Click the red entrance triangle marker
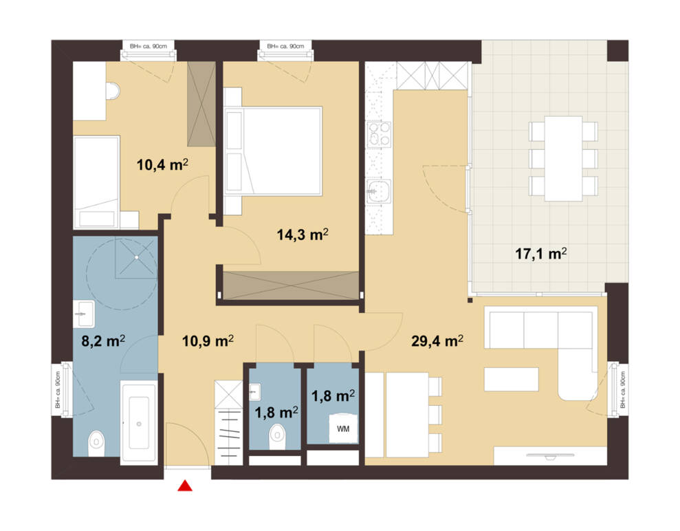[185, 486]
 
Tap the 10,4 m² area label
[163, 164]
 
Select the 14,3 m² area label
[303, 235]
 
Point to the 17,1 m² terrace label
[541, 253]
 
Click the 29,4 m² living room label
[437, 341]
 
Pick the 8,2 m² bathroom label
[103, 341]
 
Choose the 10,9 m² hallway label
[208, 341]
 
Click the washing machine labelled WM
[344, 428]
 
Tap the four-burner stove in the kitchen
[379, 135]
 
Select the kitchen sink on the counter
[379, 191]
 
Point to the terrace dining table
[563, 158]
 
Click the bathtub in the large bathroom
[139, 422]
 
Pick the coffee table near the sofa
[512, 379]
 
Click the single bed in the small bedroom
[96, 182]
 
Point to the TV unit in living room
[550, 455]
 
